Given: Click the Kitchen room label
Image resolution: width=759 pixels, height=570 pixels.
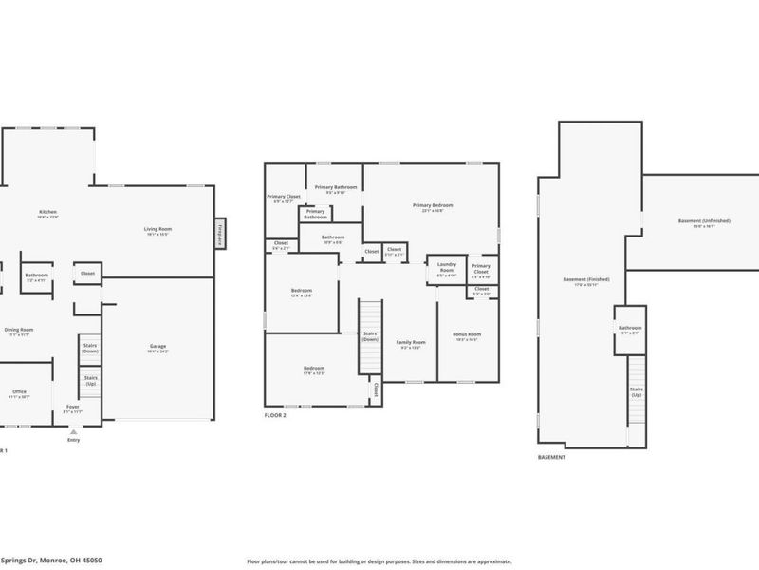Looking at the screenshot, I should [x=47, y=213].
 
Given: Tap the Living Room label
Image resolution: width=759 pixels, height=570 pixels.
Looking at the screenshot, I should [x=157, y=230].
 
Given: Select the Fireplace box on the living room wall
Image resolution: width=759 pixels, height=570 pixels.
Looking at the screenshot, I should [x=219, y=233].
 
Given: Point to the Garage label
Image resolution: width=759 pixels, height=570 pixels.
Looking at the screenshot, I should [x=157, y=347].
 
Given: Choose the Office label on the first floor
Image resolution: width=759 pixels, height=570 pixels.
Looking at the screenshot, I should [x=20, y=392].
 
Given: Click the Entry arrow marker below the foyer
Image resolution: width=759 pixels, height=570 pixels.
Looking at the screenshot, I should [x=73, y=431].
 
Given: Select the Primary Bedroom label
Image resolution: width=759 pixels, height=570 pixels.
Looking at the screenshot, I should [x=432, y=207].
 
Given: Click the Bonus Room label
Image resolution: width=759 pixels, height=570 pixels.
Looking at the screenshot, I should [x=467, y=335].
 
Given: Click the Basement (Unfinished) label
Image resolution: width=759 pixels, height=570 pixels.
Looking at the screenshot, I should [x=704, y=222].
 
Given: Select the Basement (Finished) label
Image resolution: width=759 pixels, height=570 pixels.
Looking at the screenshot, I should [x=586, y=280].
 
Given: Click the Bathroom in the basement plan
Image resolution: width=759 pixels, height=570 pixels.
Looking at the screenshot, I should [x=630, y=329].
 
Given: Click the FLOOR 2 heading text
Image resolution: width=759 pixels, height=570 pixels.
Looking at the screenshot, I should [x=276, y=415].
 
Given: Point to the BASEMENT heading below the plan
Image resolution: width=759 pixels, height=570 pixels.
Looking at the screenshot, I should [x=551, y=457].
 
